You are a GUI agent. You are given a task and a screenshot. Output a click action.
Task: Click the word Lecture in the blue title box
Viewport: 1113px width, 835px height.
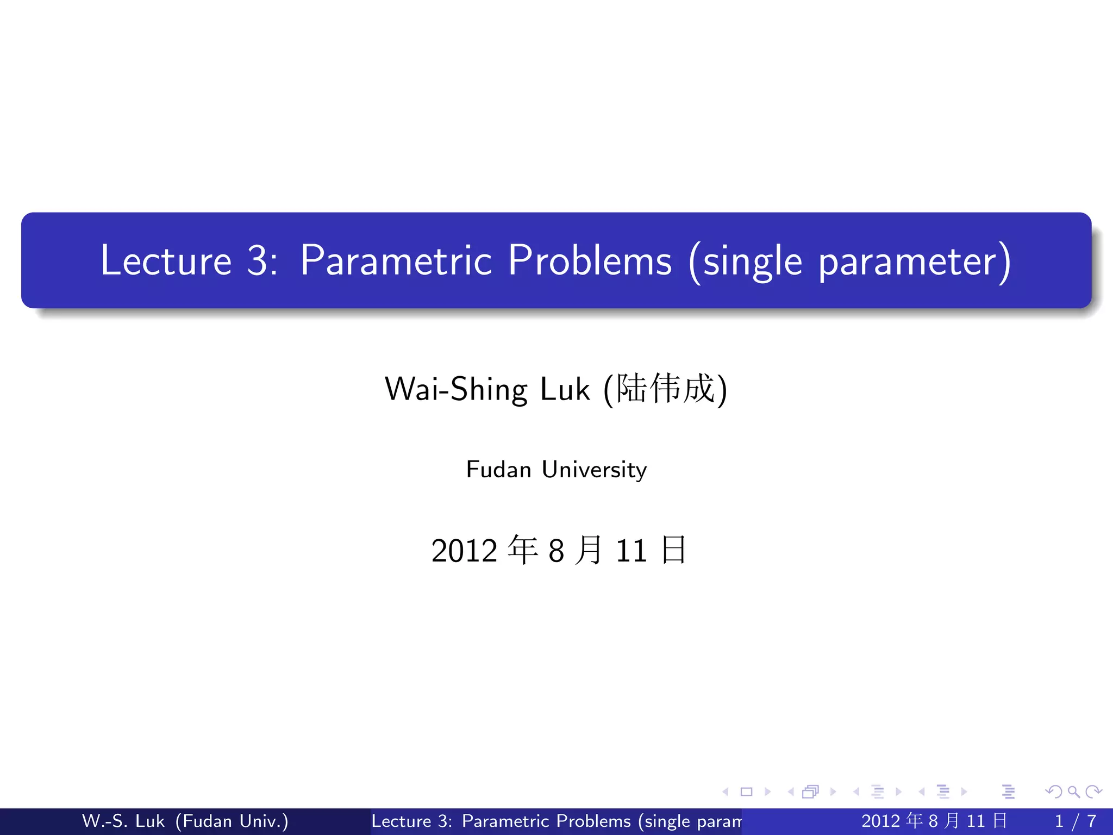coord(166,260)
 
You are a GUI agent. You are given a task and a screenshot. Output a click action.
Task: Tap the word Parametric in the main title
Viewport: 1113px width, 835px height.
coord(396,260)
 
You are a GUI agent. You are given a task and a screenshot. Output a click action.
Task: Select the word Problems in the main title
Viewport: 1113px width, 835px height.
coord(590,260)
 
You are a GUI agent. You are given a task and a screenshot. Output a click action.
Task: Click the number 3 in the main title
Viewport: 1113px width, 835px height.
coord(257,260)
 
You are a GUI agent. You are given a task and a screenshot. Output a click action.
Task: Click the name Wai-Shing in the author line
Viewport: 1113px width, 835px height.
coord(455,389)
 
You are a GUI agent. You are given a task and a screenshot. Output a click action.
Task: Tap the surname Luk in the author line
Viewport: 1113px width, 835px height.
coord(565,389)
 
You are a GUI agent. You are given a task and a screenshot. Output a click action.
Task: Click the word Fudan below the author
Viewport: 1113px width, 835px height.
coord(498,469)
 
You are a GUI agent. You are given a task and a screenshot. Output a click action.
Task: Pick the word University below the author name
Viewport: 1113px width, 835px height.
coord(594,469)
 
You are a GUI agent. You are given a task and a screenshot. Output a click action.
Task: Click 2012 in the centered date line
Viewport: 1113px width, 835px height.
coord(464,550)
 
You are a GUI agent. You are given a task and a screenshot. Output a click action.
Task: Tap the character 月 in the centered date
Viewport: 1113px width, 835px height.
coord(589,550)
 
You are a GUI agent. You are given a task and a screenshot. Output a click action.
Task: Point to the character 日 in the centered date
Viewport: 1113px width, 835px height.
coord(674,550)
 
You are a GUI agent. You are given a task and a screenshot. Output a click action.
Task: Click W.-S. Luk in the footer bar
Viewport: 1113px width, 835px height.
coord(123,821)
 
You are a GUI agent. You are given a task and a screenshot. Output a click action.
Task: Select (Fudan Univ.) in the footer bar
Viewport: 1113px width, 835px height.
coord(232,821)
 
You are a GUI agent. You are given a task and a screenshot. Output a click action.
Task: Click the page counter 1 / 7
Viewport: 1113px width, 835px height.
coord(1075,821)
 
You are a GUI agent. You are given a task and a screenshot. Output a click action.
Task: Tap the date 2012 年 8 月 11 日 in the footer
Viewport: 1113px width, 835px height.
coord(934,821)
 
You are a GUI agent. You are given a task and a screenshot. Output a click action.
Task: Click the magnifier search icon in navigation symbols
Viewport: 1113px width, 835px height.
coord(1073,792)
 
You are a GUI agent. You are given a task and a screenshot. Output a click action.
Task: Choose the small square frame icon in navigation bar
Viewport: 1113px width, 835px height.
coord(746,792)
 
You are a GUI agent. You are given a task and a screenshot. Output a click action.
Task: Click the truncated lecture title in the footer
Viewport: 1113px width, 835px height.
coord(555,821)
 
